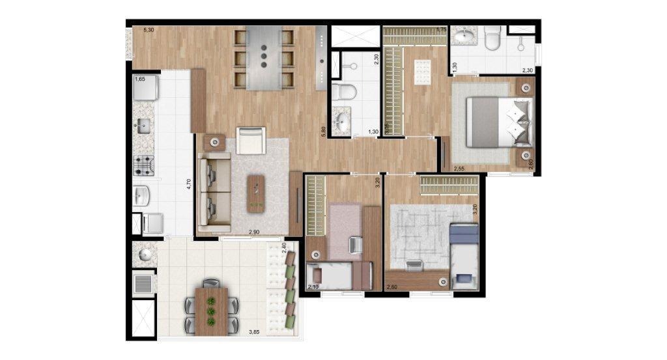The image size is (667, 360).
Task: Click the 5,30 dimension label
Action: click(149, 30)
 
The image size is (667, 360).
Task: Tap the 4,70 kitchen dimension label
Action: click(188, 183)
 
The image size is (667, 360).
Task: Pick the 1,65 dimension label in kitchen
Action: click(140, 79)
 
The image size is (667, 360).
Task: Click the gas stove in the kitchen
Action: click(144, 166)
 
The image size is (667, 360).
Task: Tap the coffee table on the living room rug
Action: click(257, 193)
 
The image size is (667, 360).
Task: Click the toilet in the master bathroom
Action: click(493, 40)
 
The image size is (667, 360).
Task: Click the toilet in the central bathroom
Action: click(343, 91)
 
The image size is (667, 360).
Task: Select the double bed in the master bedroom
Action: click(502, 122)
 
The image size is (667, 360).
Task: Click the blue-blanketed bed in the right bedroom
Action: click(464, 255)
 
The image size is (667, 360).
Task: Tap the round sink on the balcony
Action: click(144, 254)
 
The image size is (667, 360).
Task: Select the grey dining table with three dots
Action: click(263, 58)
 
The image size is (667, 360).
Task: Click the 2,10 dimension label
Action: click(312, 287)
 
